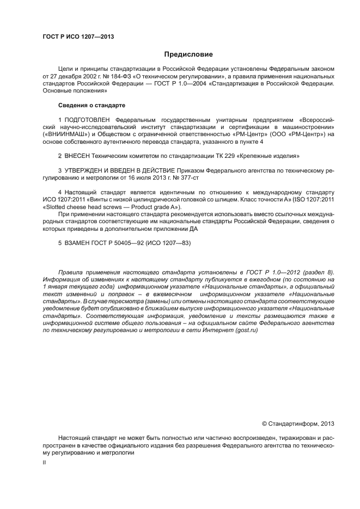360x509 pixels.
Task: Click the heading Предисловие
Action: coord(188,54)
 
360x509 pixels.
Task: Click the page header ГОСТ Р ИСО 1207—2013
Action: coord(78,36)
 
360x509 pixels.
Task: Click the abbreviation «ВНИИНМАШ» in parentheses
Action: coord(62,134)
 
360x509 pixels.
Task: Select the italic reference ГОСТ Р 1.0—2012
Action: coord(272,271)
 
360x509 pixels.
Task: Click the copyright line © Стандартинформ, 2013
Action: coord(298,423)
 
